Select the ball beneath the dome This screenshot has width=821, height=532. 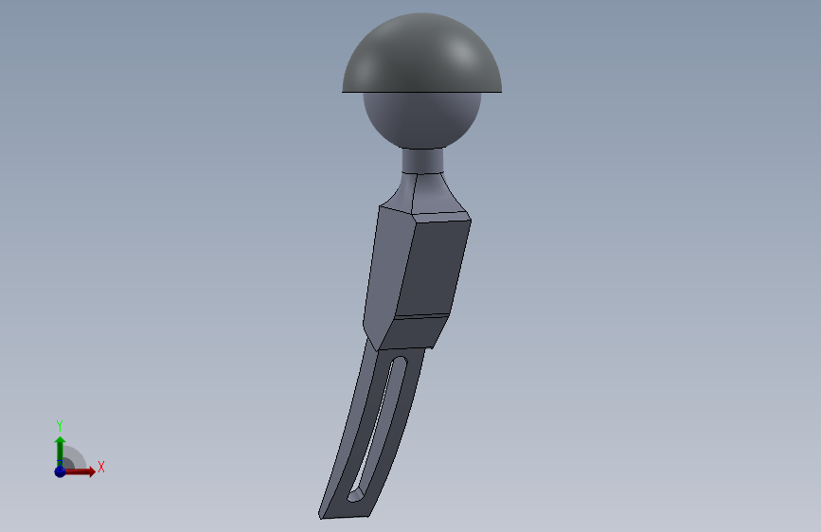click(x=422, y=119)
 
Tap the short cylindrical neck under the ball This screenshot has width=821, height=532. click(x=422, y=160)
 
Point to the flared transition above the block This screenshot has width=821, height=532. click(x=425, y=194)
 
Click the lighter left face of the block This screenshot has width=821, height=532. click(x=387, y=273)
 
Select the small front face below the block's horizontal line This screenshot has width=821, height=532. click(x=414, y=332)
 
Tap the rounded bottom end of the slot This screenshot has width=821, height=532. click(x=355, y=496)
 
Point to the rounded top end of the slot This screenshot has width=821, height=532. click(x=401, y=361)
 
